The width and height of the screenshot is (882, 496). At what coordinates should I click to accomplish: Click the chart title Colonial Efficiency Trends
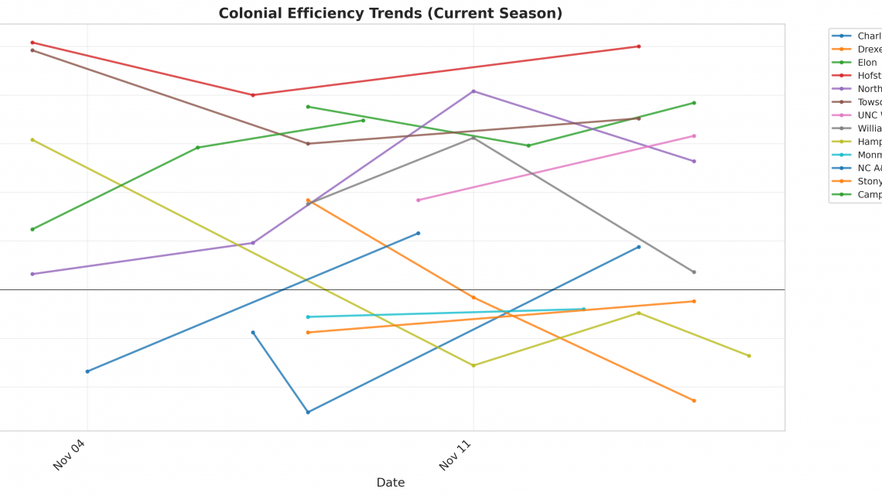click(390, 13)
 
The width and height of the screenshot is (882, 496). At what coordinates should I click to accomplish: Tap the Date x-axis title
click(390, 482)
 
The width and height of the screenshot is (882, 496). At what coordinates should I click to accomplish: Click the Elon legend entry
click(867, 63)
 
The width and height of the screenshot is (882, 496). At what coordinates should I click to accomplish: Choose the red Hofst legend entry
click(868, 76)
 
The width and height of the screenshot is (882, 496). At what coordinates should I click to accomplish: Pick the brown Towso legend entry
click(869, 102)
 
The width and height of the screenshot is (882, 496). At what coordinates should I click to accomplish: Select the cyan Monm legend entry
click(869, 155)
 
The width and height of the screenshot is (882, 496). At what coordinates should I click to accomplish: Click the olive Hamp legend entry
click(869, 142)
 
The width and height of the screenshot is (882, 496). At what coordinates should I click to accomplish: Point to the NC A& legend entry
click(869, 168)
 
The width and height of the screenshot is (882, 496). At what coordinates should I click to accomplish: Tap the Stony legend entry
click(869, 181)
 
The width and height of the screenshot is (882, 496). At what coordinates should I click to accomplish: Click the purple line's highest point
click(473, 91)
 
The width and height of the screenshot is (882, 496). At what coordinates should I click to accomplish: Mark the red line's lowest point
click(253, 95)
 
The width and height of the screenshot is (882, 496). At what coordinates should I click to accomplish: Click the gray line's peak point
click(473, 137)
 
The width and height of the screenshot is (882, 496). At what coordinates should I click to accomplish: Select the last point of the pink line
click(694, 136)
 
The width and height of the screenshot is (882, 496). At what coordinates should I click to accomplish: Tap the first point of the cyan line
click(308, 317)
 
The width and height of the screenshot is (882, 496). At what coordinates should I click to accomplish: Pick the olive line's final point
click(749, 356)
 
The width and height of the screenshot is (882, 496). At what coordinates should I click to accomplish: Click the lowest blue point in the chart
click(308, 412)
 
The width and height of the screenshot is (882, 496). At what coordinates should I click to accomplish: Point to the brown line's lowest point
click(308, 144)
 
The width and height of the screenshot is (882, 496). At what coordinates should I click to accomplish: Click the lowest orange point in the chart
click(694, 401)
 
